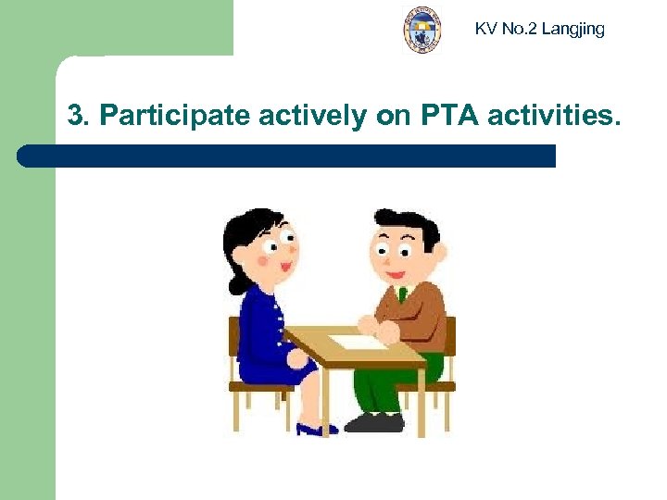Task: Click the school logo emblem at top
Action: pos(422,29)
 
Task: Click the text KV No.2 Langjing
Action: pos(539,29)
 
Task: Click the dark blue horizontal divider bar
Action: pos(287,156)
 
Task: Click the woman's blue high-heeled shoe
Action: pos(316,429)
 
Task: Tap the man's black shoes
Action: pos(375,423)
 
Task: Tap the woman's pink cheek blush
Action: pos(262,261)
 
